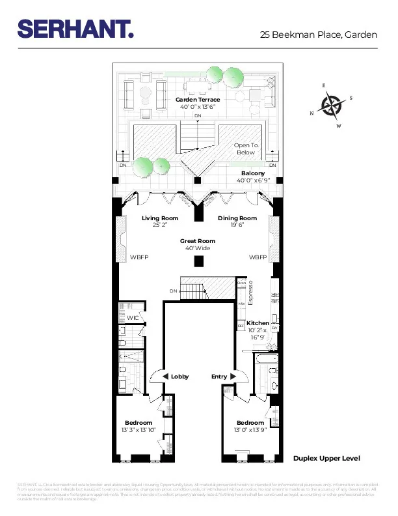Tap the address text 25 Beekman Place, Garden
click(319, 35)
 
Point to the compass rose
click(332, 105)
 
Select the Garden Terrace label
click(198, 100)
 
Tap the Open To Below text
click(246, 149)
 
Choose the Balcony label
click(253, 173)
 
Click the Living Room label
click(160, 218)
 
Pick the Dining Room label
click(237, 218)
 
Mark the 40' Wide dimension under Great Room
click(198, 248)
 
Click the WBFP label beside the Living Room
click(139, 257)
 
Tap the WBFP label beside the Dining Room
click(258, 257)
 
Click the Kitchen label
click(258, 323)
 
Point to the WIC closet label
click(133, 317)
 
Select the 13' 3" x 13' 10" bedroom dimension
click(139, 429)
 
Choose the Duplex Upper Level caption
click(326, 459)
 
